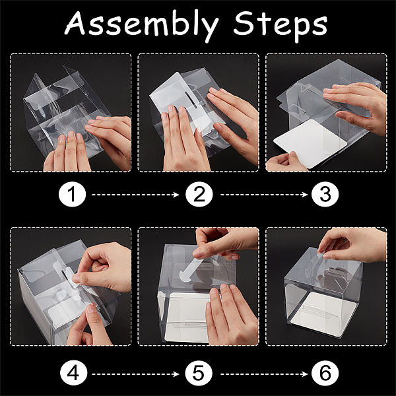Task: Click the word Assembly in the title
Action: (x=142, y=26)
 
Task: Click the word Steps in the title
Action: (x=280, y=26)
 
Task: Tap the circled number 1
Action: (x=72, y=195)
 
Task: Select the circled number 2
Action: (x=199, y=195)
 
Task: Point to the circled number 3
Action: (x=325, y=195)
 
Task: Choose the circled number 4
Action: (x=73, y=374)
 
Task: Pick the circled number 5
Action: (x=199, y=374)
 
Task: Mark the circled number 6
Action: (x=325, y=374)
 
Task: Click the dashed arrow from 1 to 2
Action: (x=135, y=195)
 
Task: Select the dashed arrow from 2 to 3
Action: (x=264, y=195)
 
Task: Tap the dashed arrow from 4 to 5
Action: (x=135, y=374)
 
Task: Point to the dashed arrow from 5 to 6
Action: (x=264, y=374)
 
